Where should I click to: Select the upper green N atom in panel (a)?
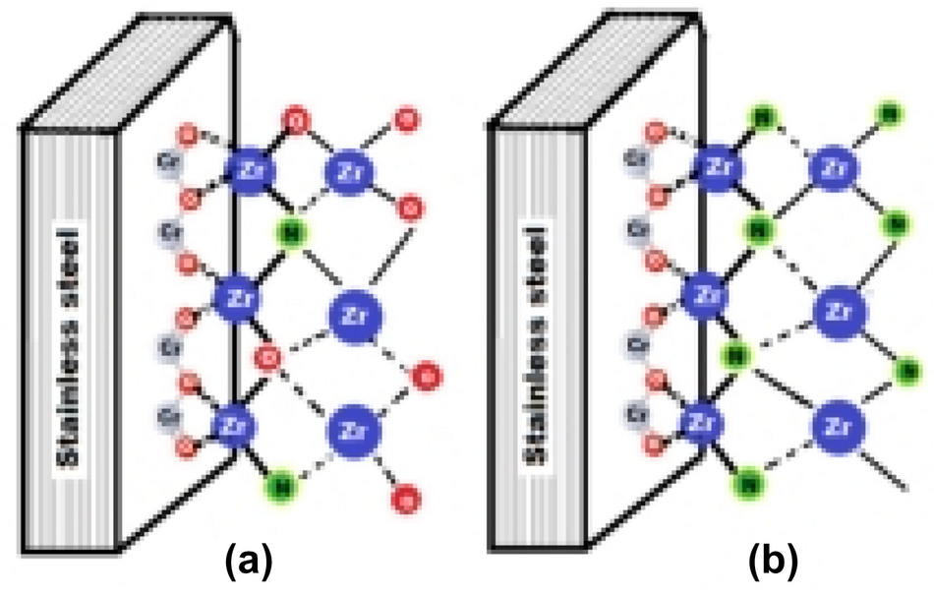pos(290,233)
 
